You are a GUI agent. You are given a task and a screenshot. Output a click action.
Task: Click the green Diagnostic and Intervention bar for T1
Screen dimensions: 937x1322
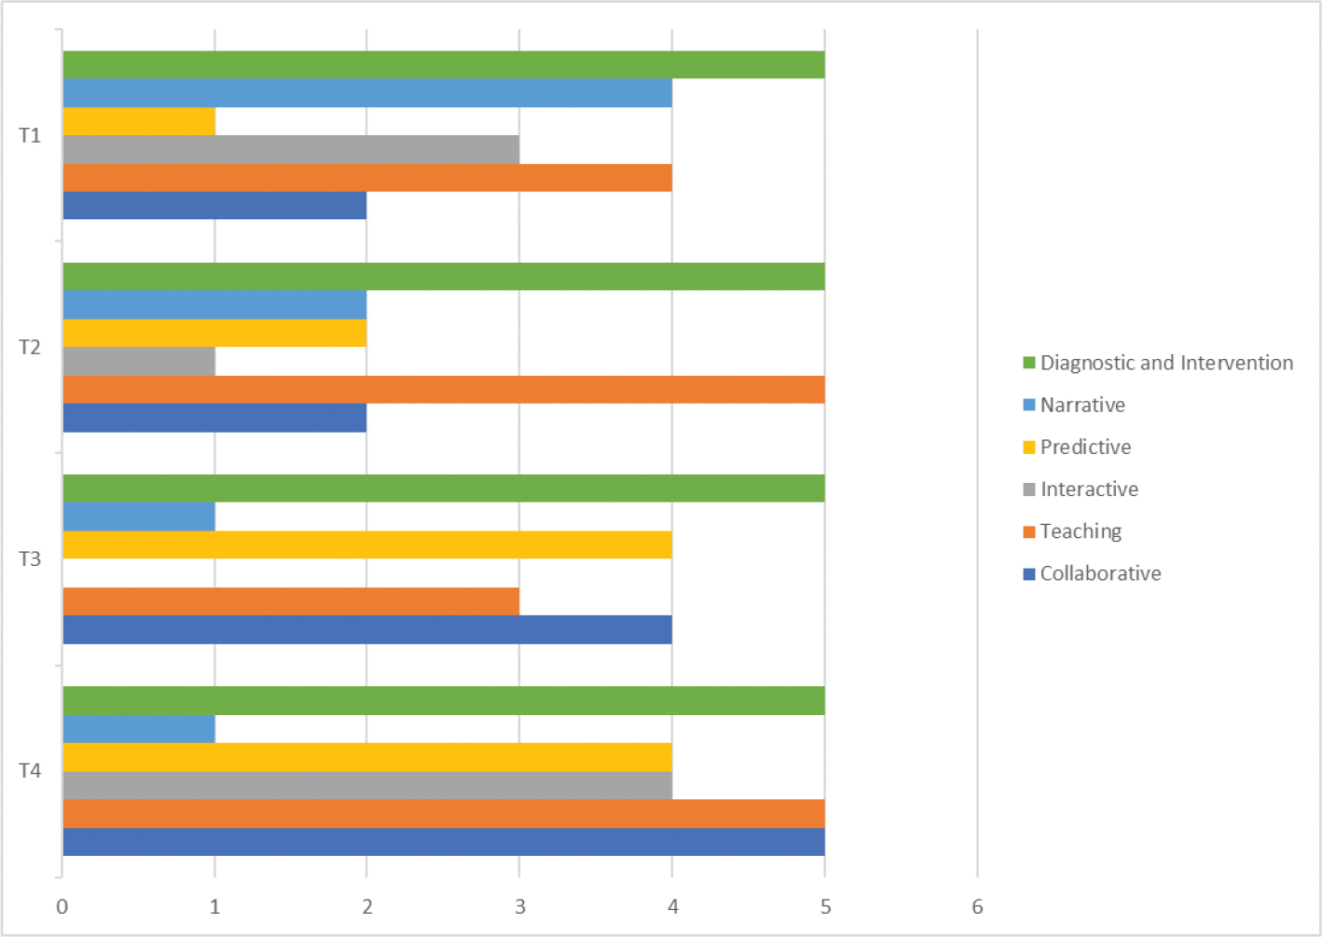(444, 65)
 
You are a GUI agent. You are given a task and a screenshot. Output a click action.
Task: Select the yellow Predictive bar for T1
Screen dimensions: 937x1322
(139, 122)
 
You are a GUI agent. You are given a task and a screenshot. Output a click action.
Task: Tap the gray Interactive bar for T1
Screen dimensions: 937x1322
(291, 150)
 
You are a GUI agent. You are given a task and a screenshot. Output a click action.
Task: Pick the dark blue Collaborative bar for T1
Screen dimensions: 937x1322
(214, 206)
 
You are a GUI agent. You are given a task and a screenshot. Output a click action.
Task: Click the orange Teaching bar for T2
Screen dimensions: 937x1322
(444, 390)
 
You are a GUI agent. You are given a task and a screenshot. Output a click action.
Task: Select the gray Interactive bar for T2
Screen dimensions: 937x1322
(139, 362)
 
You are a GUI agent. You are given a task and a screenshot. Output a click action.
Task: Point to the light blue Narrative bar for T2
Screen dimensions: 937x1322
(214, 305)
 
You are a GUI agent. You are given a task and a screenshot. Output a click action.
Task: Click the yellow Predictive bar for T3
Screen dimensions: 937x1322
(367, 544)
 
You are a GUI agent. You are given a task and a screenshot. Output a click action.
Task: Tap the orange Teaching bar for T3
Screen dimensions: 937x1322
(291, 601)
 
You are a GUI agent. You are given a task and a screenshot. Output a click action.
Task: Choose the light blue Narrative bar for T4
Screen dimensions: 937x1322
(139, 729)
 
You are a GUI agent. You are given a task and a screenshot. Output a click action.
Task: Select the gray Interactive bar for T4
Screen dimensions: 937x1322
(367, 785)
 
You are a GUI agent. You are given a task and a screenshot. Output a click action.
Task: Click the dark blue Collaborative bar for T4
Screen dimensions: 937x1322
(444, 842)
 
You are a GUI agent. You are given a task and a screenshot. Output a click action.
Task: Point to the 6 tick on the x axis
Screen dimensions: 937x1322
(977, 906)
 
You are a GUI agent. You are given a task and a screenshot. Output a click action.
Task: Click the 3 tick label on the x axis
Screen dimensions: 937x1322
(520, 906)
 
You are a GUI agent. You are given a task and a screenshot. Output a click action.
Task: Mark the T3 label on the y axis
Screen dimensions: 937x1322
(31, 559)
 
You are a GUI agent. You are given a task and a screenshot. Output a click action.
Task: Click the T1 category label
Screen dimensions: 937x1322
(31, 136)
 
